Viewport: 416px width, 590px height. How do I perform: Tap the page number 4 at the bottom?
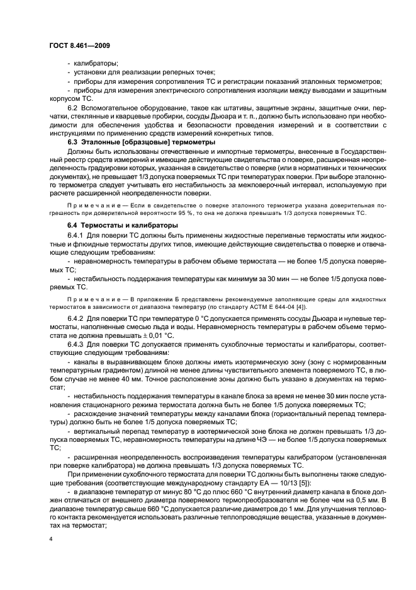(50, 540)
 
